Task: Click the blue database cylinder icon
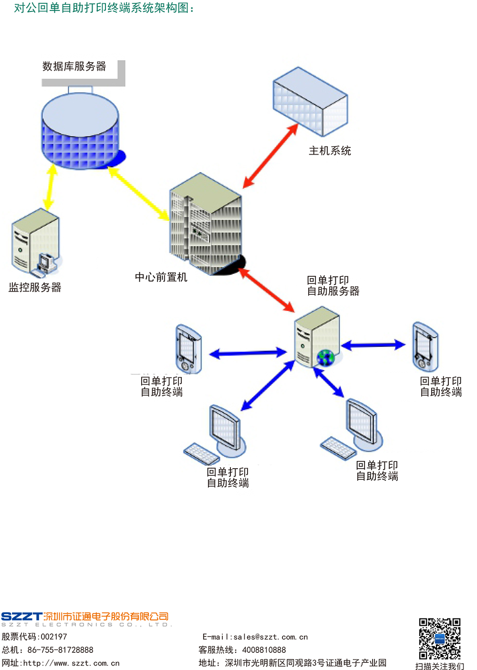(x=80, y=131)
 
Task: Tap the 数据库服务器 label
(x=74, y=66)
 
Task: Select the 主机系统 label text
(x=330, y=151)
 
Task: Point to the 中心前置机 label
(x=161, y=277)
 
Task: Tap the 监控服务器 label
(x=35, y=287)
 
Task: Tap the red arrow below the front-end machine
(x=266, y=290)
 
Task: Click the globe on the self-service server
(x=325, y=357)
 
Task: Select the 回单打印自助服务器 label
(x=333, y=285)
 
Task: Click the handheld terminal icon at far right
(x=425, y=347)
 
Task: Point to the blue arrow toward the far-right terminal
(x=373, y=345)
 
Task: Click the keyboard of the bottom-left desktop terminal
(x=202, y=453)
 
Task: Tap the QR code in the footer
(x=439, y=639)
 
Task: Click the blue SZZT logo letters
(x=21, y=617)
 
